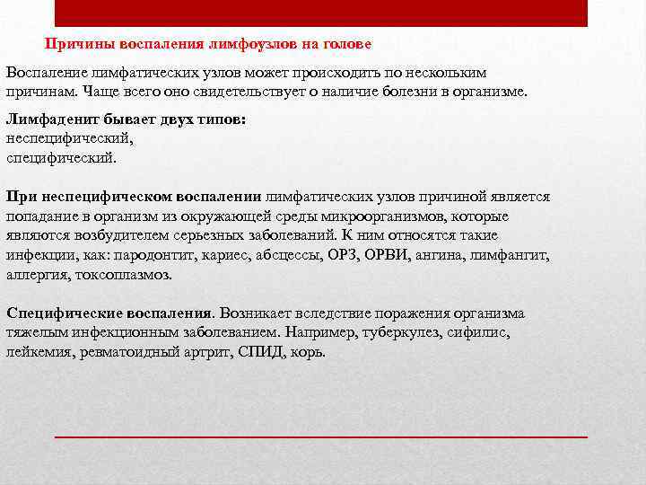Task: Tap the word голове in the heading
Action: point(347,43)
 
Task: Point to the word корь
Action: point(309,352)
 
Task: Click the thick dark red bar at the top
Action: point(321,13)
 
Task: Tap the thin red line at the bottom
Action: point(321,436)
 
